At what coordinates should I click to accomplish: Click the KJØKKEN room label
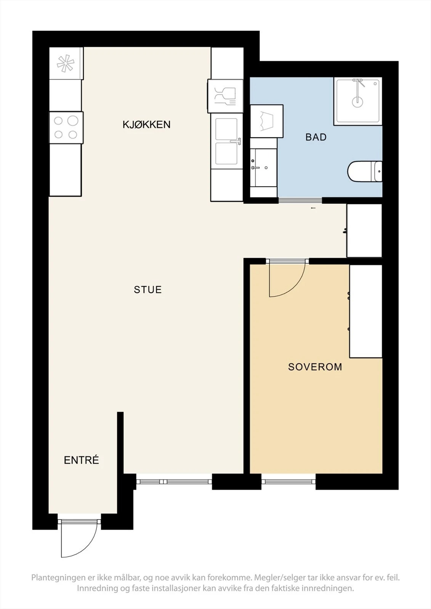146,124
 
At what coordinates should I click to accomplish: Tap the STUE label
148,290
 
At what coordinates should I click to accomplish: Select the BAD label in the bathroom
316,137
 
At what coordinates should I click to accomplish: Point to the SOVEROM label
315,367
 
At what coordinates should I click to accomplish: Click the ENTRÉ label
81,460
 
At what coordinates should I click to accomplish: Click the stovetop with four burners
66,128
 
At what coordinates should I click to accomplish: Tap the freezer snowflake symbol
66,63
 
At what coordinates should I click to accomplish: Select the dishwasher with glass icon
225,96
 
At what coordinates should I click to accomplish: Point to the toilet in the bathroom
365,171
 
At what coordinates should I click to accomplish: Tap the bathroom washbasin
263,167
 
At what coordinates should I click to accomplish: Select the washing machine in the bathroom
266,121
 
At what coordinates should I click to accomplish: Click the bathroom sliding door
300,200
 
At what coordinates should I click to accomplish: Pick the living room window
174,482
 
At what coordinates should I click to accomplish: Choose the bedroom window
288,482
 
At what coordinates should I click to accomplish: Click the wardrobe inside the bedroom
366,311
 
